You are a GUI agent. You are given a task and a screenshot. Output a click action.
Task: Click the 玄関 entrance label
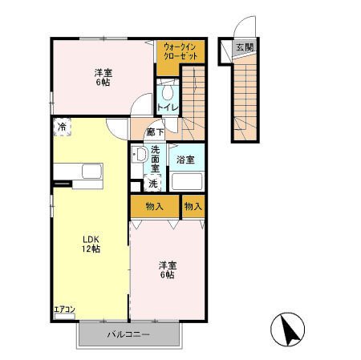pyautogui.click(x=245, y=48)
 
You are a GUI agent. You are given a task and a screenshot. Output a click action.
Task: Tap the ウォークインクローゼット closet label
pyautogui.click(x=180, y=51)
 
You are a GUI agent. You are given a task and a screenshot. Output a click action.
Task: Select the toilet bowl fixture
pyautogui.click(x=168, y=91)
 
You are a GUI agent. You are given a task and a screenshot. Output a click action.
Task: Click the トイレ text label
pyautogui.click(x=168, y=107)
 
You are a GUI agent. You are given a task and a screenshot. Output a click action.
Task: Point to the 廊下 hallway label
pyautogui.click(x=155, y=131)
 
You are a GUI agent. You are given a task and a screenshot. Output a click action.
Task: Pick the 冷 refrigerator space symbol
pyautogui.click(x=62, y=127)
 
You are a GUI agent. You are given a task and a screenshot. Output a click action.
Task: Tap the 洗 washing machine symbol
pyautogui.click(x=152, y=183)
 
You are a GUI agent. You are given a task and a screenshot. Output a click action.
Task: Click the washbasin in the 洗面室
pyautogui.click(x=140, y=154)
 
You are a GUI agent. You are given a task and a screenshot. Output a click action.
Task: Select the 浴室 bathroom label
pyautogui.click(x=185, y=160)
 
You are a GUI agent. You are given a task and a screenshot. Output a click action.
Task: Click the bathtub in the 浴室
pyautogui.click(x=187, y=181)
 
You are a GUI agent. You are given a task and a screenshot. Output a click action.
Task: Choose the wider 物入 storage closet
pyautogui.click(x=155, y=206)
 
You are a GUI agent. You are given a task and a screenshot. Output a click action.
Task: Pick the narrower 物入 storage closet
pyautogui.click(x=193, y=206)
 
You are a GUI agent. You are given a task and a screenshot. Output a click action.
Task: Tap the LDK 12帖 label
pyautogui.click(x=91, y=244)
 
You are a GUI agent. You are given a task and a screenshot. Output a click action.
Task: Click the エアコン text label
pyautogui.click(x=64, y=309)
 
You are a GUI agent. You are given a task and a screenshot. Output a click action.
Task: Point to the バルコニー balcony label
pyautogui.click(x=128, y=334)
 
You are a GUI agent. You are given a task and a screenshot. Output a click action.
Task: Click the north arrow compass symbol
pyautogui.click(x=287, y=329)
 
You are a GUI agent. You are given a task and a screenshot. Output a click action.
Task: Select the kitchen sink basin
pyautogui.click(x=92, y=171)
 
